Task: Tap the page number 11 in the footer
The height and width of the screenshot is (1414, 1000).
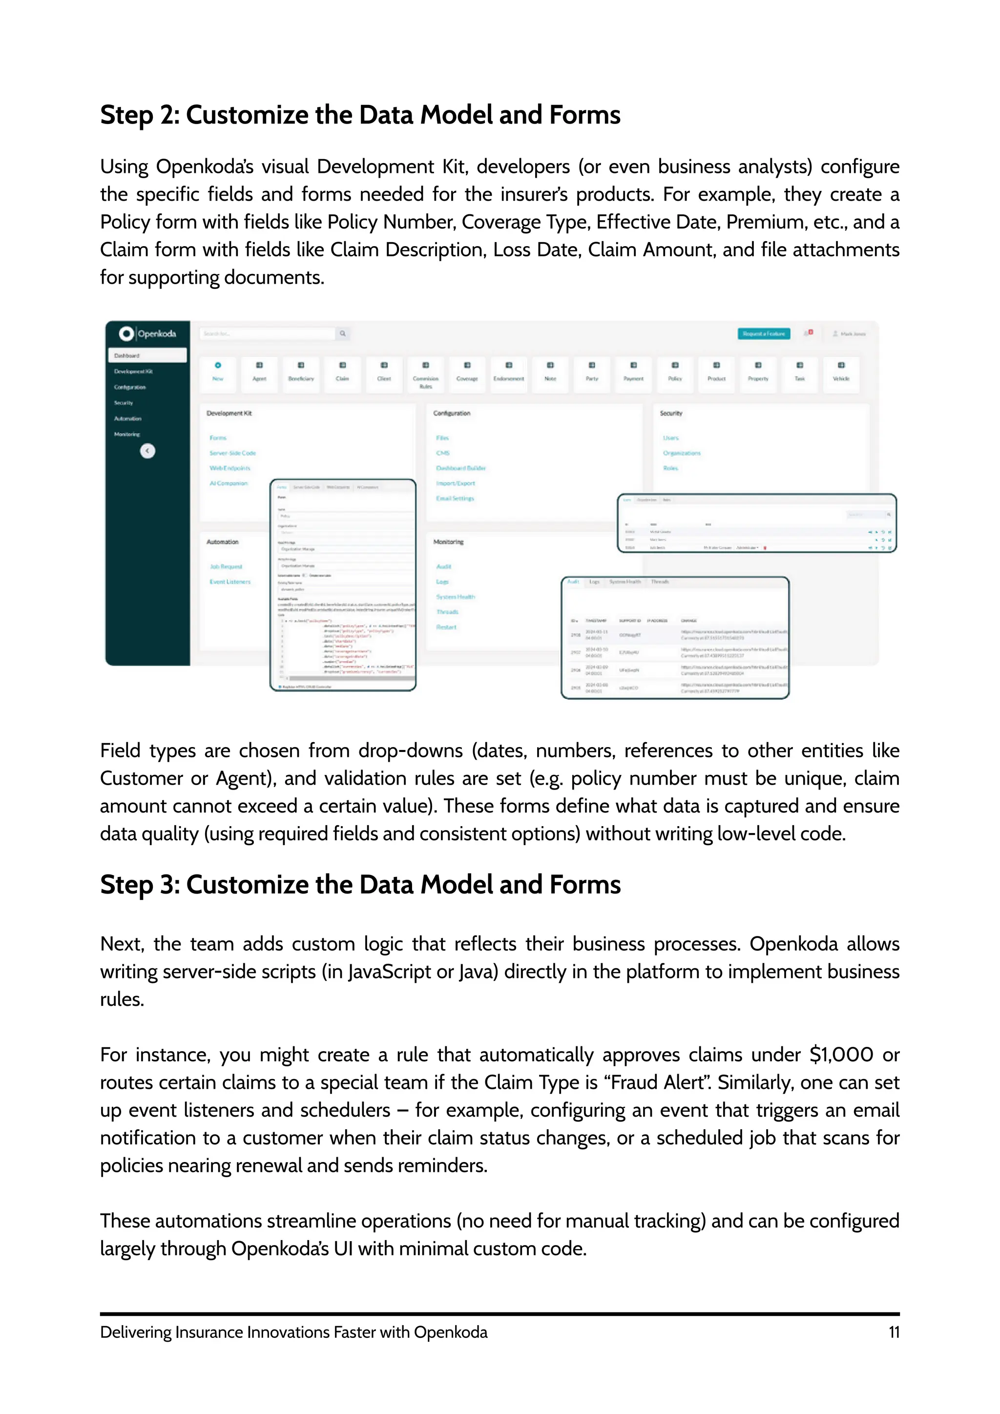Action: pyautogui.click(x=894, y=1332)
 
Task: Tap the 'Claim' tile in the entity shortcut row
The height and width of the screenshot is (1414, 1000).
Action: pyautogui.click(x=342, y=372)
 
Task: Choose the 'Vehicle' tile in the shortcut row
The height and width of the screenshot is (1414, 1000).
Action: pyautogui.click(x=841, y=372)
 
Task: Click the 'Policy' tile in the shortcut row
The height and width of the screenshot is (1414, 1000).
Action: pyautogui.click(x=675, y=372)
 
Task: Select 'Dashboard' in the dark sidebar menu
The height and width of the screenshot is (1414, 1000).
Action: pyautogui.click(x=147, y=355)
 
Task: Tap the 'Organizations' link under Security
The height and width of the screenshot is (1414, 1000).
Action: pyautogui.click(x=682, y=453)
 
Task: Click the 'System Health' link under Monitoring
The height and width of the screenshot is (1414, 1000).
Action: pyautogui.click(x=456, y=597)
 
